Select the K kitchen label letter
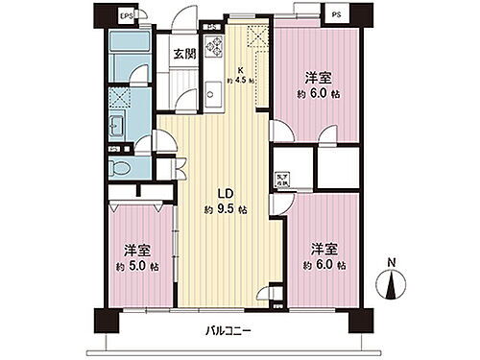(242, 69)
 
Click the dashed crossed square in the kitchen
(255, 38)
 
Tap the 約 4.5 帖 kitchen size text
(245, 81)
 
